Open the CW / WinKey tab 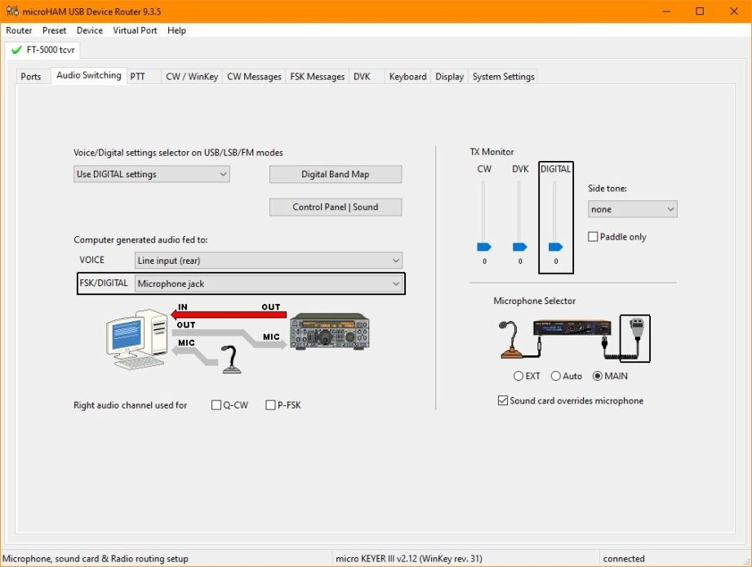coord(192,77)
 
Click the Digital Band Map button coord(336,174)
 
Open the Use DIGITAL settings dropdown coord(152,174)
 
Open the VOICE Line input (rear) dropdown coord(268,261)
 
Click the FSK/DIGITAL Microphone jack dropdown coord(268,283)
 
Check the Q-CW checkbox coord(216,405)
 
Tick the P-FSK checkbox coord(270,405)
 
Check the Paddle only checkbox coord(593,236)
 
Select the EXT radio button coord(518,376)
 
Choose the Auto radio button coord(556,376)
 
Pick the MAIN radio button coord(598,376)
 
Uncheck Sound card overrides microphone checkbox coord(503,400)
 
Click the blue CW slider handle coord(484,247)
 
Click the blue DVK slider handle coord(520,247)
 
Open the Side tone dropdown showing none coord(633,209)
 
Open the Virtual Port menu coord(135,30)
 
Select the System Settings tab coord(503,77)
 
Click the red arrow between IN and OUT coord(229,315)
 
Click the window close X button coord(734,11)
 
